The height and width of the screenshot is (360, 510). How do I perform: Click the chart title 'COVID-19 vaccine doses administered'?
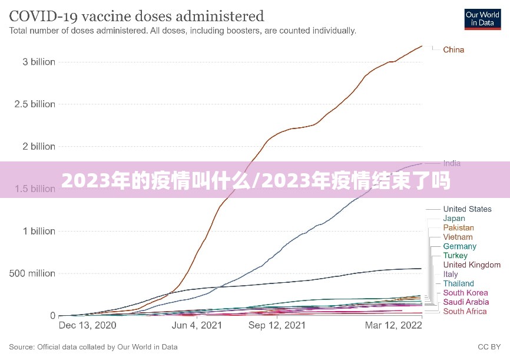tap(136, 15)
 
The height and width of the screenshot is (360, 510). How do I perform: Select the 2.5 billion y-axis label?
tap(35, 104)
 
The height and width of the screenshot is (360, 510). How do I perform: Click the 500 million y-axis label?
tap(32, 273)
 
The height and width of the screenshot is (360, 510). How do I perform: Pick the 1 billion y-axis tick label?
tap(39, 231)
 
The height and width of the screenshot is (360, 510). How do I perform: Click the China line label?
tap(453, 49)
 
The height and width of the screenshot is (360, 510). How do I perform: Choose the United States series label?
tap(467, 209)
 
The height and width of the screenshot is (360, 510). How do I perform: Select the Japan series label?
tap(454, 218)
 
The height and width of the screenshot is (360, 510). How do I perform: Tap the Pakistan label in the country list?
tap(458, 227)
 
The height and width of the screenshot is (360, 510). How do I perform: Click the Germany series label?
tap(460, 246)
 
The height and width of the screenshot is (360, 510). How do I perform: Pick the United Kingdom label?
tap(472, 265)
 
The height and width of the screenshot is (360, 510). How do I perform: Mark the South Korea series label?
tap(465, 293)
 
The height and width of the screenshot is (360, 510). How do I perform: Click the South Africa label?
tap(465, 311)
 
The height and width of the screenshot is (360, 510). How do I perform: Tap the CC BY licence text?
tap(488, 347)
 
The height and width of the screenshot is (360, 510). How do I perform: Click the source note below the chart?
tap(93, 347)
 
